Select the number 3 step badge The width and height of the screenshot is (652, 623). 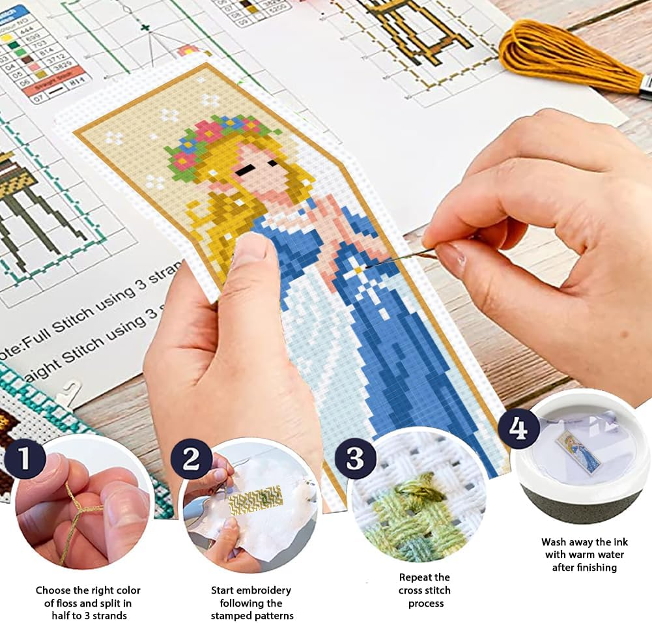[355, 459]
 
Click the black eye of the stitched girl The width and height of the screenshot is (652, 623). [247, 169]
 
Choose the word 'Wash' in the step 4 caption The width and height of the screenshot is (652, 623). [554, 542]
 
